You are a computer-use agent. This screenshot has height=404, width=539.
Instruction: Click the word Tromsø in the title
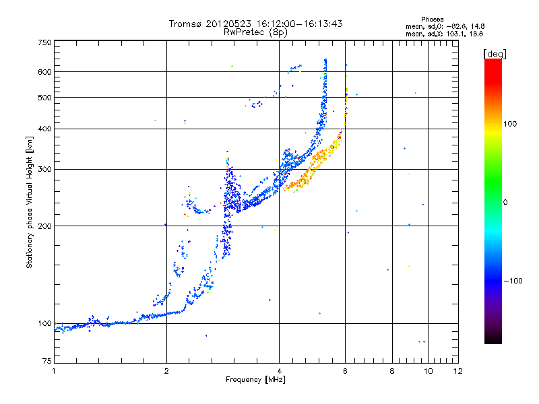185,24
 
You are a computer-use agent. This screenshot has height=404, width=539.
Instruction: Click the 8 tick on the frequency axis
392,371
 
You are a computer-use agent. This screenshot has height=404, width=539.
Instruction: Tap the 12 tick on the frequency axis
457,371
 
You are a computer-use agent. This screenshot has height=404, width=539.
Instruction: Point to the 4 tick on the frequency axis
279,371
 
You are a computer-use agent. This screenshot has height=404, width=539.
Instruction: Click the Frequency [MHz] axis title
255,380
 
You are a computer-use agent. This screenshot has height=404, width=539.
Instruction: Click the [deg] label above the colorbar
495,53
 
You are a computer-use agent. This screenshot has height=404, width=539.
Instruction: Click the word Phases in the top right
433,19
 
